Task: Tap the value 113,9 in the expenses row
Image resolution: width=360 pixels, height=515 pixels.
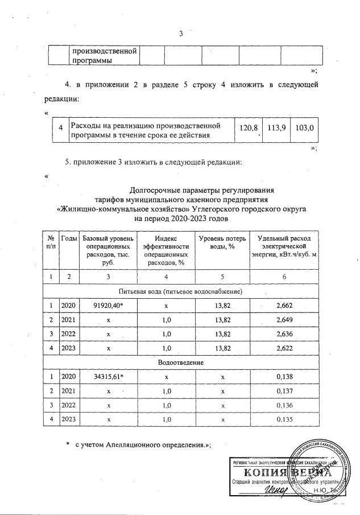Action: (x=275, y=129)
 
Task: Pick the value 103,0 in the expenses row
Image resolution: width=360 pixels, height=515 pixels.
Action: (x=304, y=129)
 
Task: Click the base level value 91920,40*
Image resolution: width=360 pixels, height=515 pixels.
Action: (x=104, y=306)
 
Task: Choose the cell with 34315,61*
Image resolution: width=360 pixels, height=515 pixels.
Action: (x=104, y=377)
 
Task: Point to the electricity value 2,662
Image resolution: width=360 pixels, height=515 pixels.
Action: (x=284, y=306)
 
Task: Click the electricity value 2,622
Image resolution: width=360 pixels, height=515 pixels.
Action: (x=284, y=349)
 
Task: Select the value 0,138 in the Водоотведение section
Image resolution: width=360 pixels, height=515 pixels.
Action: (x=284, y=377)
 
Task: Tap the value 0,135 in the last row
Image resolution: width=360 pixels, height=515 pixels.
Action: (x=284, y=420)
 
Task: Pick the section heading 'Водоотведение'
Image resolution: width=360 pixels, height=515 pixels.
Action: (x=181, y=362)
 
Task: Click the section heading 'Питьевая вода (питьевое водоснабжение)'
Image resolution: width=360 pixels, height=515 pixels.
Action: (x=181, y=291)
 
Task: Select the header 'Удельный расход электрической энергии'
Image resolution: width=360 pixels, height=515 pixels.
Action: (x=284, y=245)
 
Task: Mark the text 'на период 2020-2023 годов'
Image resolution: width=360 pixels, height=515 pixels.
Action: (x=180, y=218)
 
